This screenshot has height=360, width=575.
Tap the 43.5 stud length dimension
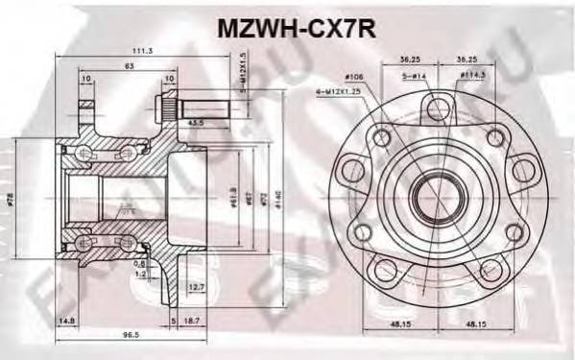[195, 123]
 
